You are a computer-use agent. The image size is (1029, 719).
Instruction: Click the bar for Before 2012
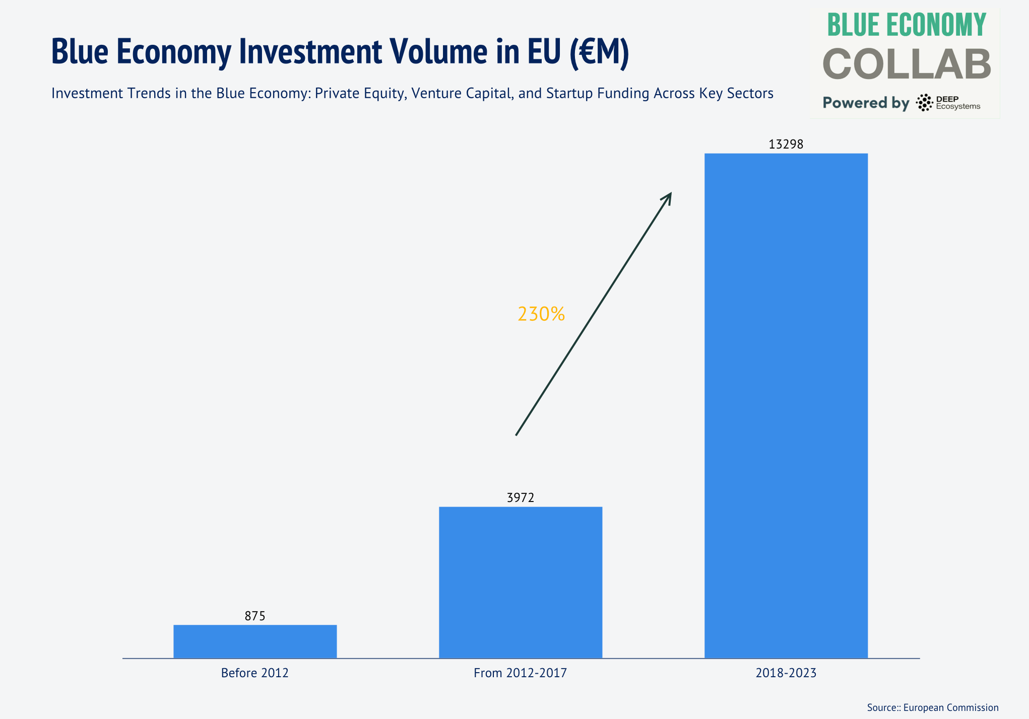pos(255,641)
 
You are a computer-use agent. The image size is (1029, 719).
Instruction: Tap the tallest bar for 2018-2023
pos(786,405)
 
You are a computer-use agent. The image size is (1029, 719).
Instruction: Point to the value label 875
pos(255,616)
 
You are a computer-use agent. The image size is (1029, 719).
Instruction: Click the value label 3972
pos(521,497)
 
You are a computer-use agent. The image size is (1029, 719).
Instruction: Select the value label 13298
pos(786,145)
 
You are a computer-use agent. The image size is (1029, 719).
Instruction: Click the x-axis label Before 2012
pos(255,673)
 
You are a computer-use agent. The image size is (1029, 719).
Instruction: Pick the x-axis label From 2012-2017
pos(521,673)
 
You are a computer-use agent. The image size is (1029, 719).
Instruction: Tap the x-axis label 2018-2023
pos(786,673)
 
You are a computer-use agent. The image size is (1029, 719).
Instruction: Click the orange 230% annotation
pos(541,314)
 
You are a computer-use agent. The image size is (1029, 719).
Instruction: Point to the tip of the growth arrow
pos(671,193)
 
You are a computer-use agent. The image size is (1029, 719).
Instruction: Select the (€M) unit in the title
pos(599,51)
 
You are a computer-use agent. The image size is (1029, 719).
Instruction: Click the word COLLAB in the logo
pos(907,64)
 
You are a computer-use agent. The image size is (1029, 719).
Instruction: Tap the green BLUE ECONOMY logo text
pos(907,25)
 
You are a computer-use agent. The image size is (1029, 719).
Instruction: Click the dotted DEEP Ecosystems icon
pos(924,103)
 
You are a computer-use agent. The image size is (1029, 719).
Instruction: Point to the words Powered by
pos(866,103)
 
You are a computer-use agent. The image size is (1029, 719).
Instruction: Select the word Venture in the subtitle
pos(434,94)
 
